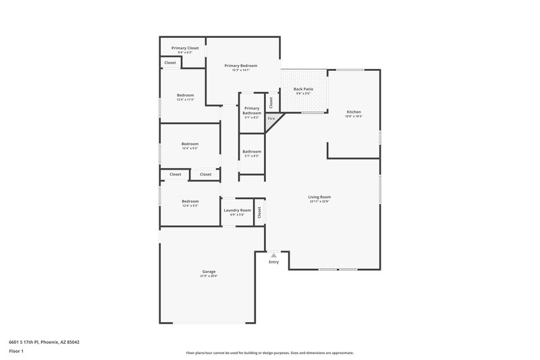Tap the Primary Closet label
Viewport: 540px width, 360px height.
185,48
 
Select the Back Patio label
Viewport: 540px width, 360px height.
303,89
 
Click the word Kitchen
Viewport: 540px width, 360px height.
354,111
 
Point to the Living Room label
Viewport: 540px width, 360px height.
319,197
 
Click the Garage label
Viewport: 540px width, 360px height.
209,272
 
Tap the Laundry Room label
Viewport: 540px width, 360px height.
237,210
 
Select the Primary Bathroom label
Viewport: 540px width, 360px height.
252,110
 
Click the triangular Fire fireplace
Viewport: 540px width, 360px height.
272,120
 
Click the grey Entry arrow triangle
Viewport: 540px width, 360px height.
273,255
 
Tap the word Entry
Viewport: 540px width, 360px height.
273,262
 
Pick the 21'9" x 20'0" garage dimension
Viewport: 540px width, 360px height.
209,276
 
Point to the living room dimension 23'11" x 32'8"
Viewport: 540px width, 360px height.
319,201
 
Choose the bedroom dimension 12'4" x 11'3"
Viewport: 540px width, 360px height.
186,99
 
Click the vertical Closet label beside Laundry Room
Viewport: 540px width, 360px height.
259,211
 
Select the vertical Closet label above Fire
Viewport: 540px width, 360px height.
271,103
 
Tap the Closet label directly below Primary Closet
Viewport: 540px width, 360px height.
170,63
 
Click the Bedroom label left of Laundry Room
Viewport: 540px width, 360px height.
190,201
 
